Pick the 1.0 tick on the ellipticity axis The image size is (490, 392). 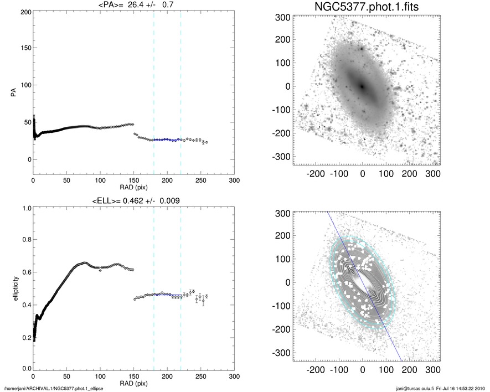click(x=25, y=208)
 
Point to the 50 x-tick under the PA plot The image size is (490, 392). click(x=67, y=180)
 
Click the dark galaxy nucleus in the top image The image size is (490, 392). click(x=362, y=86)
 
